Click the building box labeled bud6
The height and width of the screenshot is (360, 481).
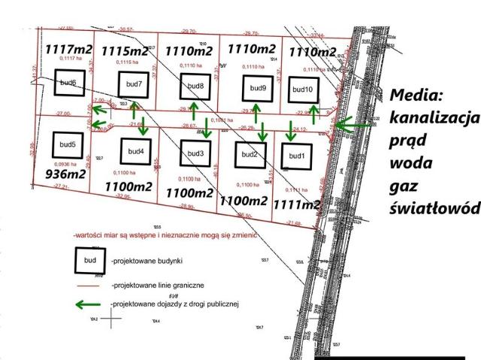click(x=68, y=83)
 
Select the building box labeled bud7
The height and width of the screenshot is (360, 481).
click(x=133, y=84)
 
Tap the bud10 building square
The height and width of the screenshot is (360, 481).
click(x=303, y=89)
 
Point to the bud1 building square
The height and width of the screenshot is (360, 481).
click(x=294, y=156)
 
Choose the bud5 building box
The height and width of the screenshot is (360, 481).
click(x=68, y=144)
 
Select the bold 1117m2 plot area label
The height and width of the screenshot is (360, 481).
click(x=68, y=49)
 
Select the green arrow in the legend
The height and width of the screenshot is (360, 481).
click(x=91, y=304)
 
